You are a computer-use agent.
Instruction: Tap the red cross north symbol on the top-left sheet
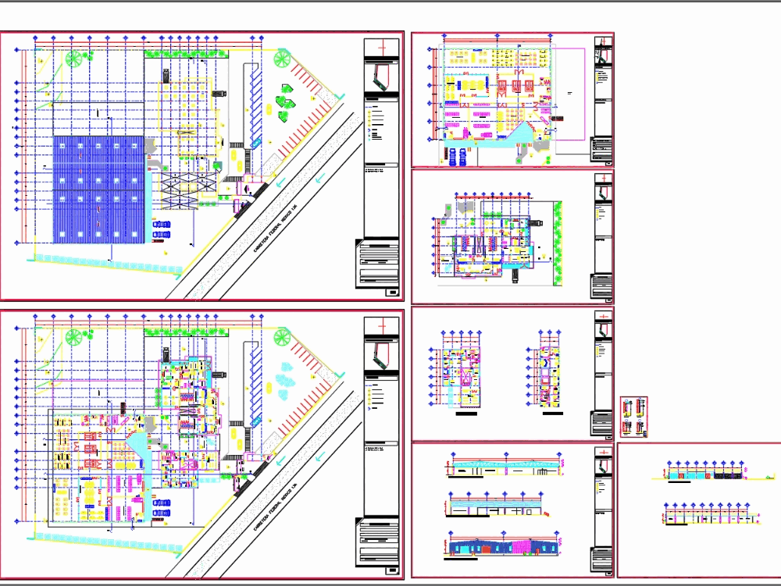(382, 48)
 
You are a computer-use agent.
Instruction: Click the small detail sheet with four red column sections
(633, 417)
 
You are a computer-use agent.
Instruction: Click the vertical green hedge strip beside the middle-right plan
(557, 242)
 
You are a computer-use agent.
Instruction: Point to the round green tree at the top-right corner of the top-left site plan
(281, 57)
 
